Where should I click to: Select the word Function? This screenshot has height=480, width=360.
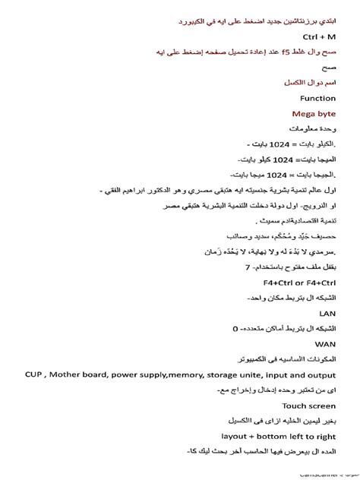[x=317, y=98]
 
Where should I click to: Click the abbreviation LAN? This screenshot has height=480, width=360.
[x=327, y=311]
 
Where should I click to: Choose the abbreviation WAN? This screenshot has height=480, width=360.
[x=325, y=343]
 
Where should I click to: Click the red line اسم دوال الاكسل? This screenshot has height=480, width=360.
[x=311, y=83]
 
